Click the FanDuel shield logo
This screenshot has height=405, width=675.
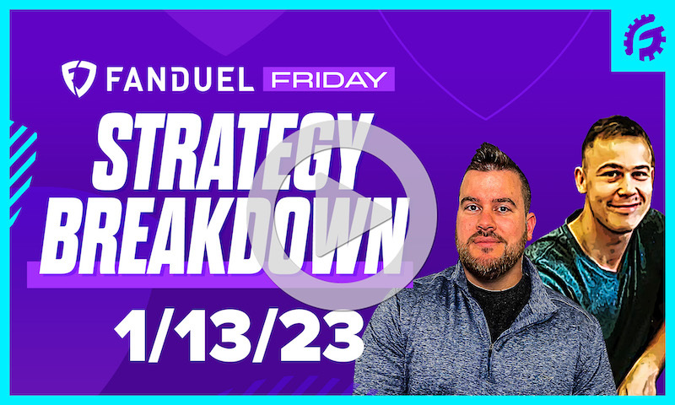tap(79, 78)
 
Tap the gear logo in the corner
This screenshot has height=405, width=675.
tap(645, 38)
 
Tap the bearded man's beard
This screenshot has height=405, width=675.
tap(489, 257)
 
